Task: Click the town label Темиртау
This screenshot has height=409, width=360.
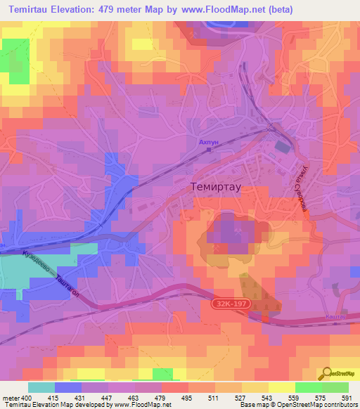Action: click(217, 188)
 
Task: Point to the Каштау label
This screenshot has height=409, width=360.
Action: click(335, 318)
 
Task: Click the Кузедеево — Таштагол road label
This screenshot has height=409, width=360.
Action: click(50, 271)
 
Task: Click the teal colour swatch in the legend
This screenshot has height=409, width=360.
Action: click(41, 387)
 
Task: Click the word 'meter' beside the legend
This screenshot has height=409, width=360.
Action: click(11, 397)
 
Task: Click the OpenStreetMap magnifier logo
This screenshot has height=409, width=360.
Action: click(328, 373)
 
